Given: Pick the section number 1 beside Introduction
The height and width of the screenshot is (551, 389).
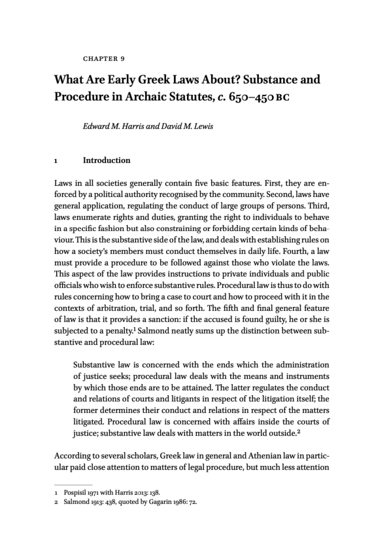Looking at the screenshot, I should point(56,160).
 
